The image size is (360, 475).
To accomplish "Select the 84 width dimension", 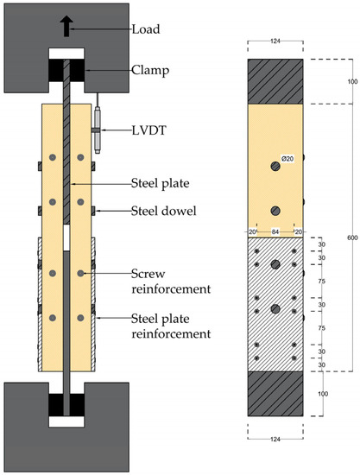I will [275, 231].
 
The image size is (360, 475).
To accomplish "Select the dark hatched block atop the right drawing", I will [275, 80].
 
